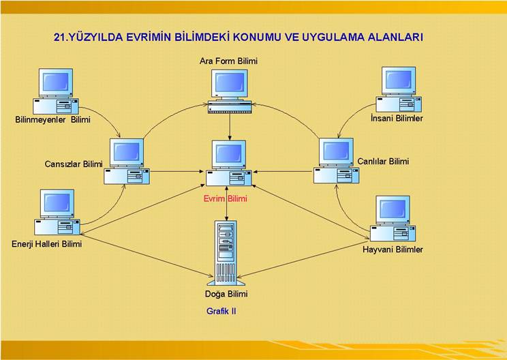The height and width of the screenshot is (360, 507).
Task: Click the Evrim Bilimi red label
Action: pyautogui.click(x=225, y=198)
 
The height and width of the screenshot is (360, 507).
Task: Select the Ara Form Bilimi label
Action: pyautogui.click(x=228, y=61)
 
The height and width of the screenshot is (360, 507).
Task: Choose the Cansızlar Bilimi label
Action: pyautogui.click(x=74, y=164)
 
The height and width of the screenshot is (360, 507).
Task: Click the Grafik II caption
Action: pyautogui.click(x=221, y=311)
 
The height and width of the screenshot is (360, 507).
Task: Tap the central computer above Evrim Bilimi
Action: pyautogui.click(x=229, y=163)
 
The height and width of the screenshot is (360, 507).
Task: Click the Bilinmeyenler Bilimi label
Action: pyautogui.click(x=52, y=120)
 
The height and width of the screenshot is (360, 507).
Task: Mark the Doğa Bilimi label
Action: pyautogui.click(x=226, y=294)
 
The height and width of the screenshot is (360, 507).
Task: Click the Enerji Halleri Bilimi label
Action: pyautogui.click(x=46, y=243)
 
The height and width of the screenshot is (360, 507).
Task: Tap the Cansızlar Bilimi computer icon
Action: pyautogui.click(x=127, y=161)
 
